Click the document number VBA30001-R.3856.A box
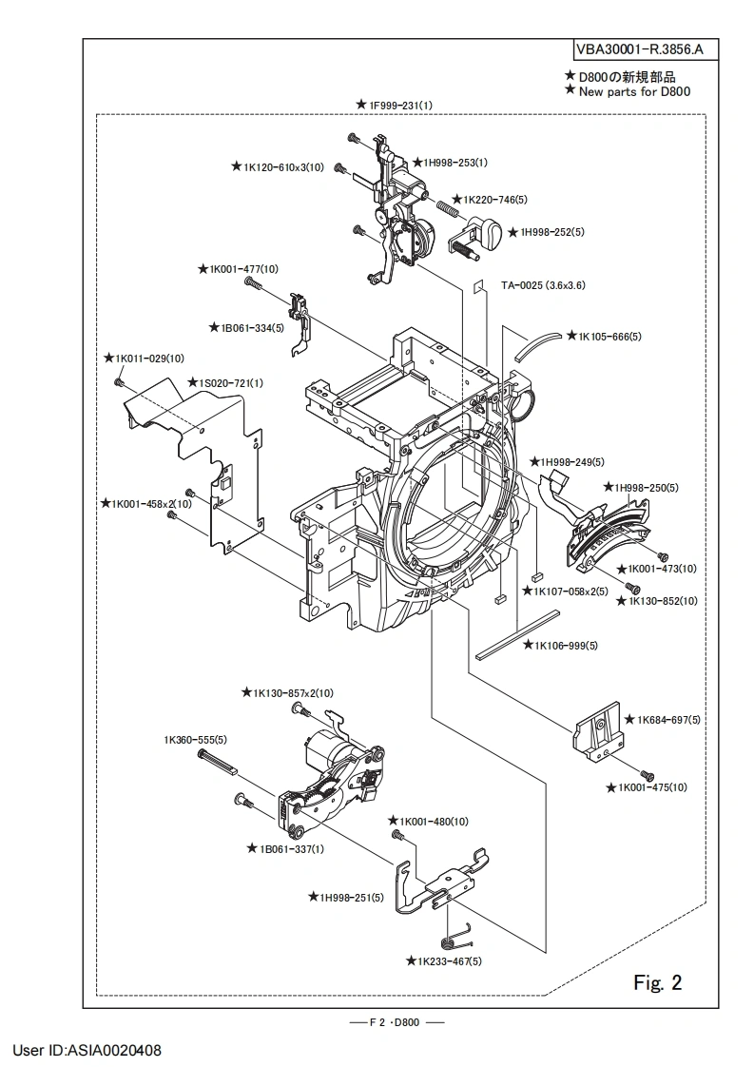coord(644,48)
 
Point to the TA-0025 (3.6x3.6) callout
coord(544,284)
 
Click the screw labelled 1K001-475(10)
coord(647,775)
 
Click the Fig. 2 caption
coord(658,980)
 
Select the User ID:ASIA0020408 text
coord(87,1051)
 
